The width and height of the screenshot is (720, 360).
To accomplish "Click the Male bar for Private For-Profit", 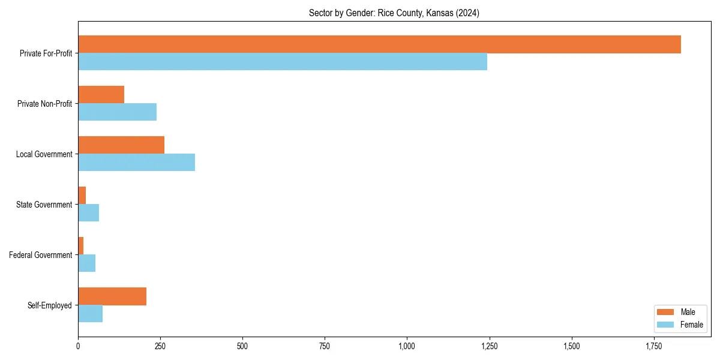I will point(379,44).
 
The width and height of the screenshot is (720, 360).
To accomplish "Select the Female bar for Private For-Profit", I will point(283,62).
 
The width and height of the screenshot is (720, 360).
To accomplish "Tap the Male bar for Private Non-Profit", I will point(101,95).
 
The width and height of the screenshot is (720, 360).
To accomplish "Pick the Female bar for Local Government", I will point(136,162).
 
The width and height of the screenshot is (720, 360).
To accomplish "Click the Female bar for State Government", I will point(88,212).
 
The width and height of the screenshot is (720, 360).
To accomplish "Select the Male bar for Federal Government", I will point(80,246).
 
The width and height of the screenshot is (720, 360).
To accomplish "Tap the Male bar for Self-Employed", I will point(112,296).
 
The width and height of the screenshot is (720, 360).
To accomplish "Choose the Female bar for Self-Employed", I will point(90,314).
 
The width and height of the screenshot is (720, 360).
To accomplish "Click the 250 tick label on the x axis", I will point(160,346).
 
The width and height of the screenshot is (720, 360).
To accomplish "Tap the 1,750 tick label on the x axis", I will point(653,346).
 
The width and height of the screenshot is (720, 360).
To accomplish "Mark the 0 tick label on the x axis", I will point(78,346).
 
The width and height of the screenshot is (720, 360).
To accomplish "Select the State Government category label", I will point(44,205).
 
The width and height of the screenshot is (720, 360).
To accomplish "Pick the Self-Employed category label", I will point(49,305).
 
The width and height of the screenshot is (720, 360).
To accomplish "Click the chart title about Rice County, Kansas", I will point(394,13).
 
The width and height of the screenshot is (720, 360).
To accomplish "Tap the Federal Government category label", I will point(41,255).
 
